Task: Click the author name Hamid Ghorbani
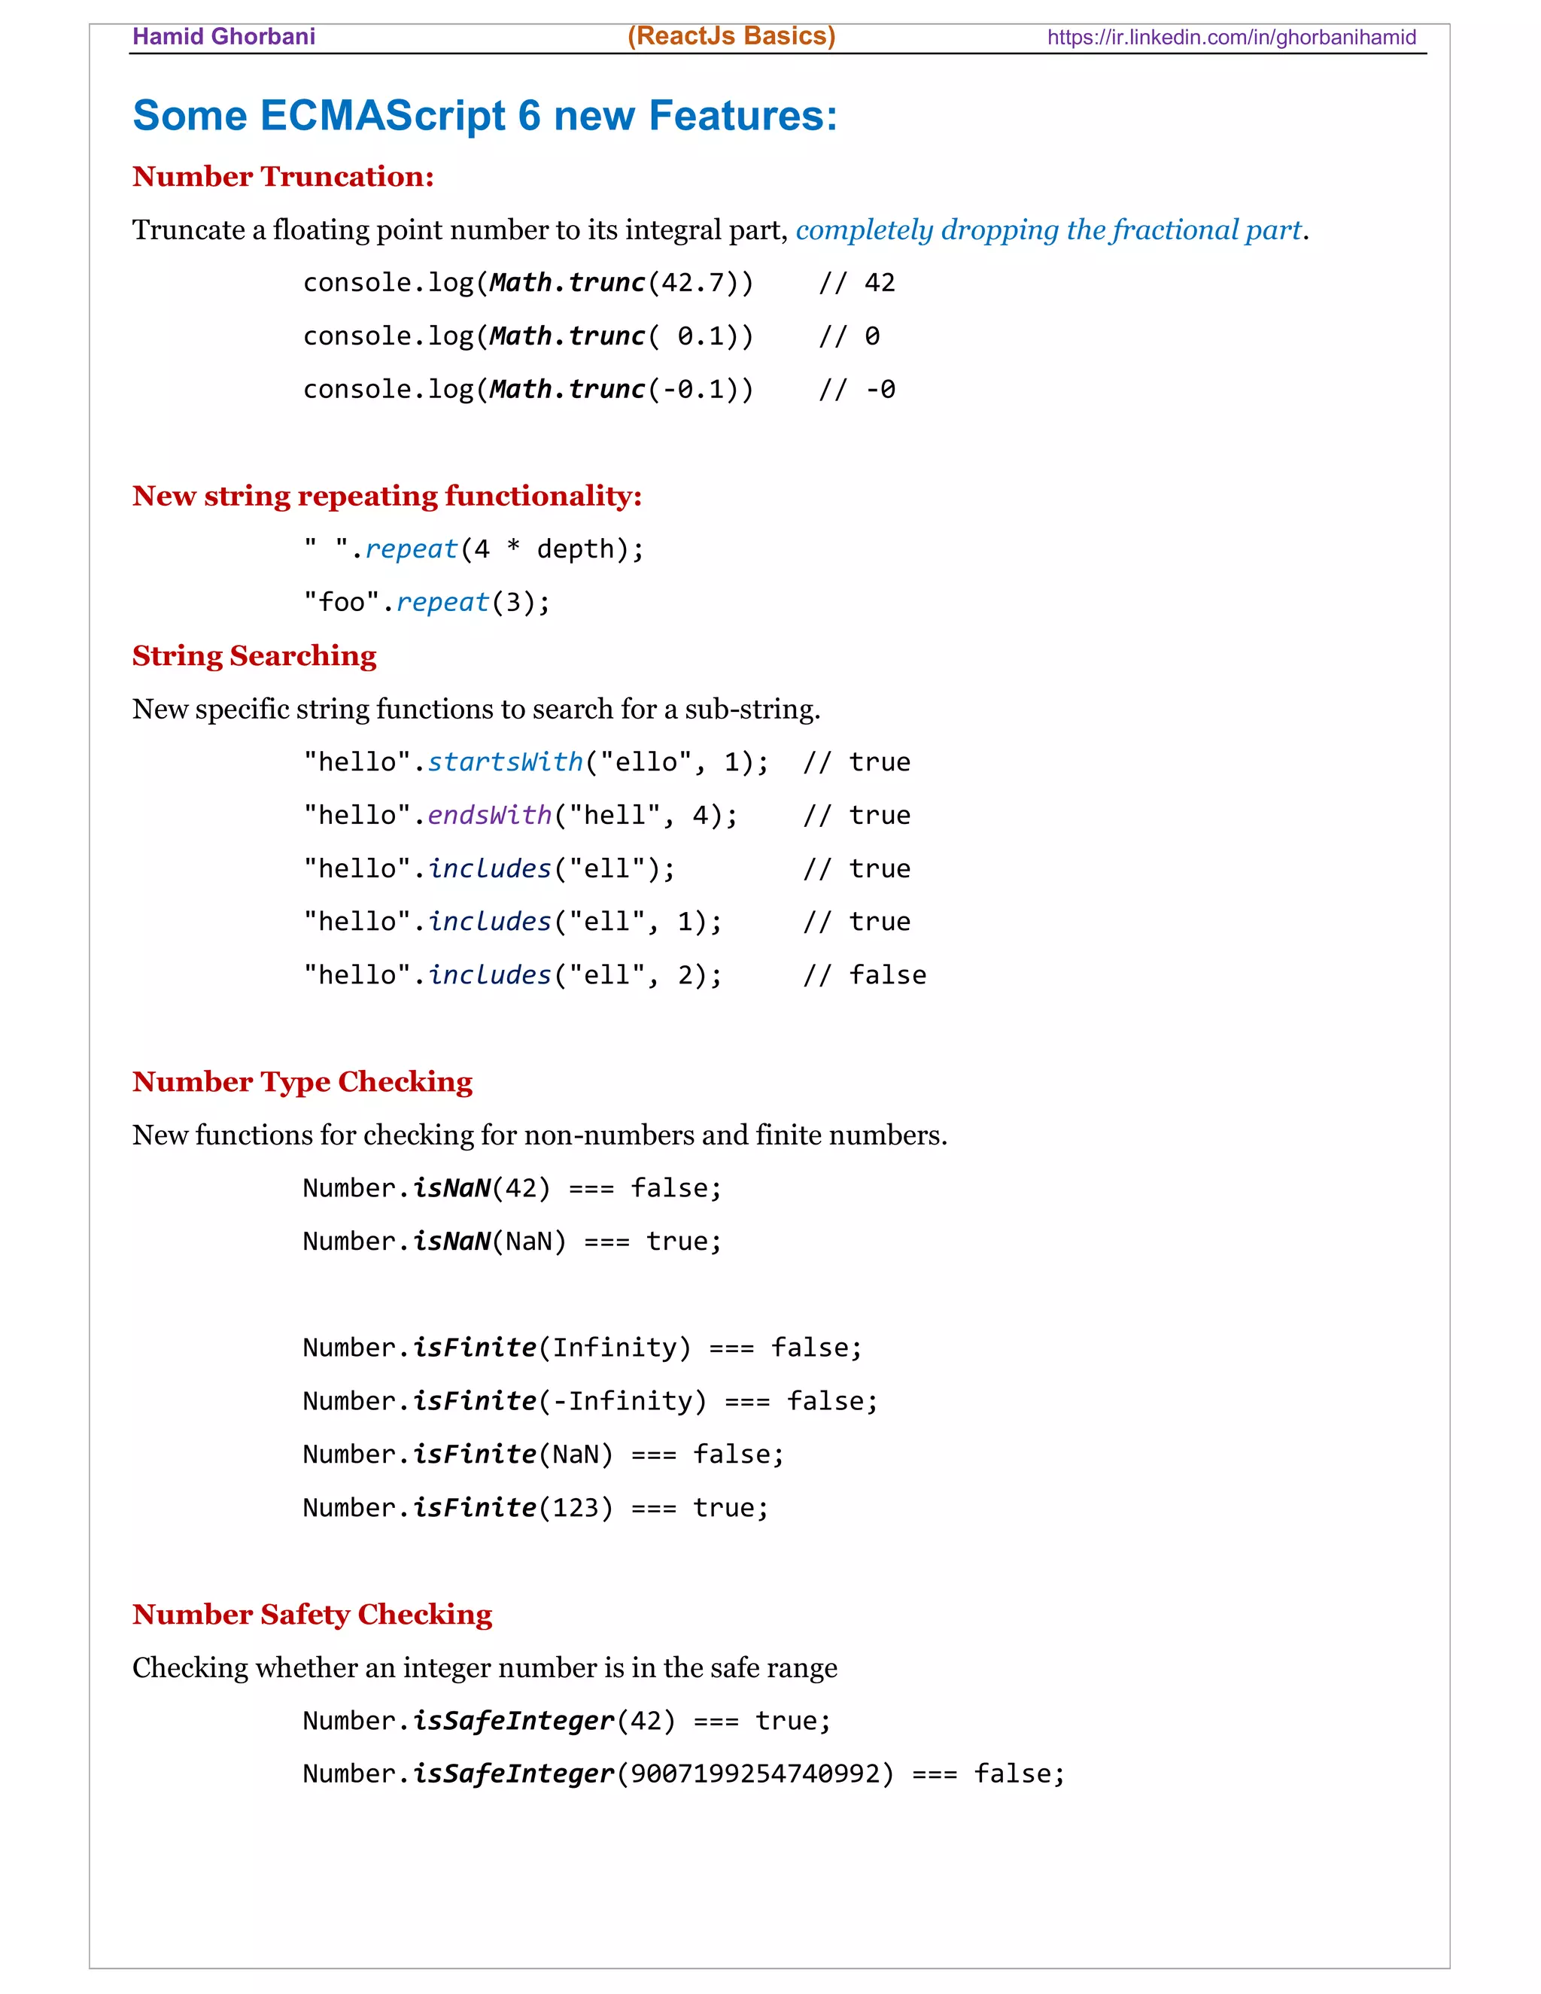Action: pyautogui.click(x=223, y=37)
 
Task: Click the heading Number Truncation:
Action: pyautogui.click(x=283, y=176)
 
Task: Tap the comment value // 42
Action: pyautogui.click(x=856, y=283)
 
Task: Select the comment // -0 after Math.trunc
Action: pyautogui.click(x=856, y=390)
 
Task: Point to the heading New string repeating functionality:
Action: pyautogui.click(x=387, y=496)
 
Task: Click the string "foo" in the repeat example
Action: pyautogui.click(x=342, y=603)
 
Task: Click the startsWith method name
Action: pyautogui.click(x=505, y=762)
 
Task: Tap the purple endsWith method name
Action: pyautogui.click(x=489, y=816)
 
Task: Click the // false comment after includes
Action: pyautogui.click(x=864, y=975)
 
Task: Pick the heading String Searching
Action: pyautogui.click(x=254, y=655)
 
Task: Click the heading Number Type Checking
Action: pyautogui.click(x=302, y=1082)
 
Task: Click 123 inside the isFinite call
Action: pyautogui.click(x=575, y=1507)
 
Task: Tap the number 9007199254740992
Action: pyautogui.click(x=755, y=1774)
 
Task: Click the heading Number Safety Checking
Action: pyautogui.click(x=312, y=1614)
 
